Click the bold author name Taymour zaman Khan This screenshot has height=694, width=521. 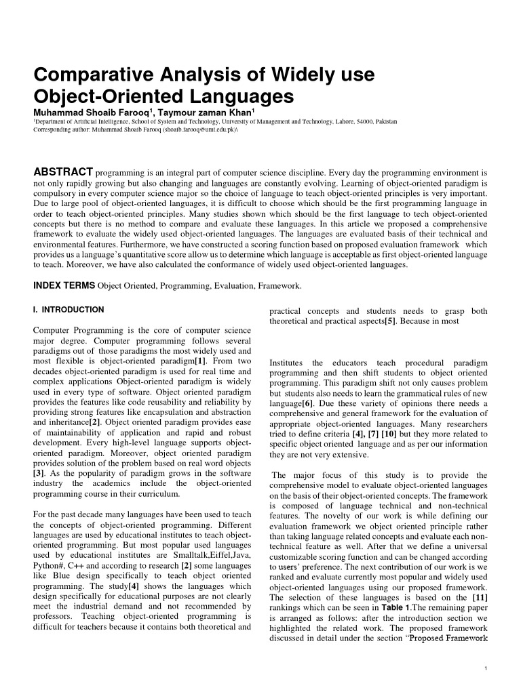(206, 113)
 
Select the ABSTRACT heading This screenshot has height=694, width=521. (63, 171)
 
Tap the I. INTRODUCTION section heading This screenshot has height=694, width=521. (69, 310)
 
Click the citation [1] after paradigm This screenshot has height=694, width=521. (201, 361)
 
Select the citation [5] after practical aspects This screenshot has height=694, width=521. (391, 321)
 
